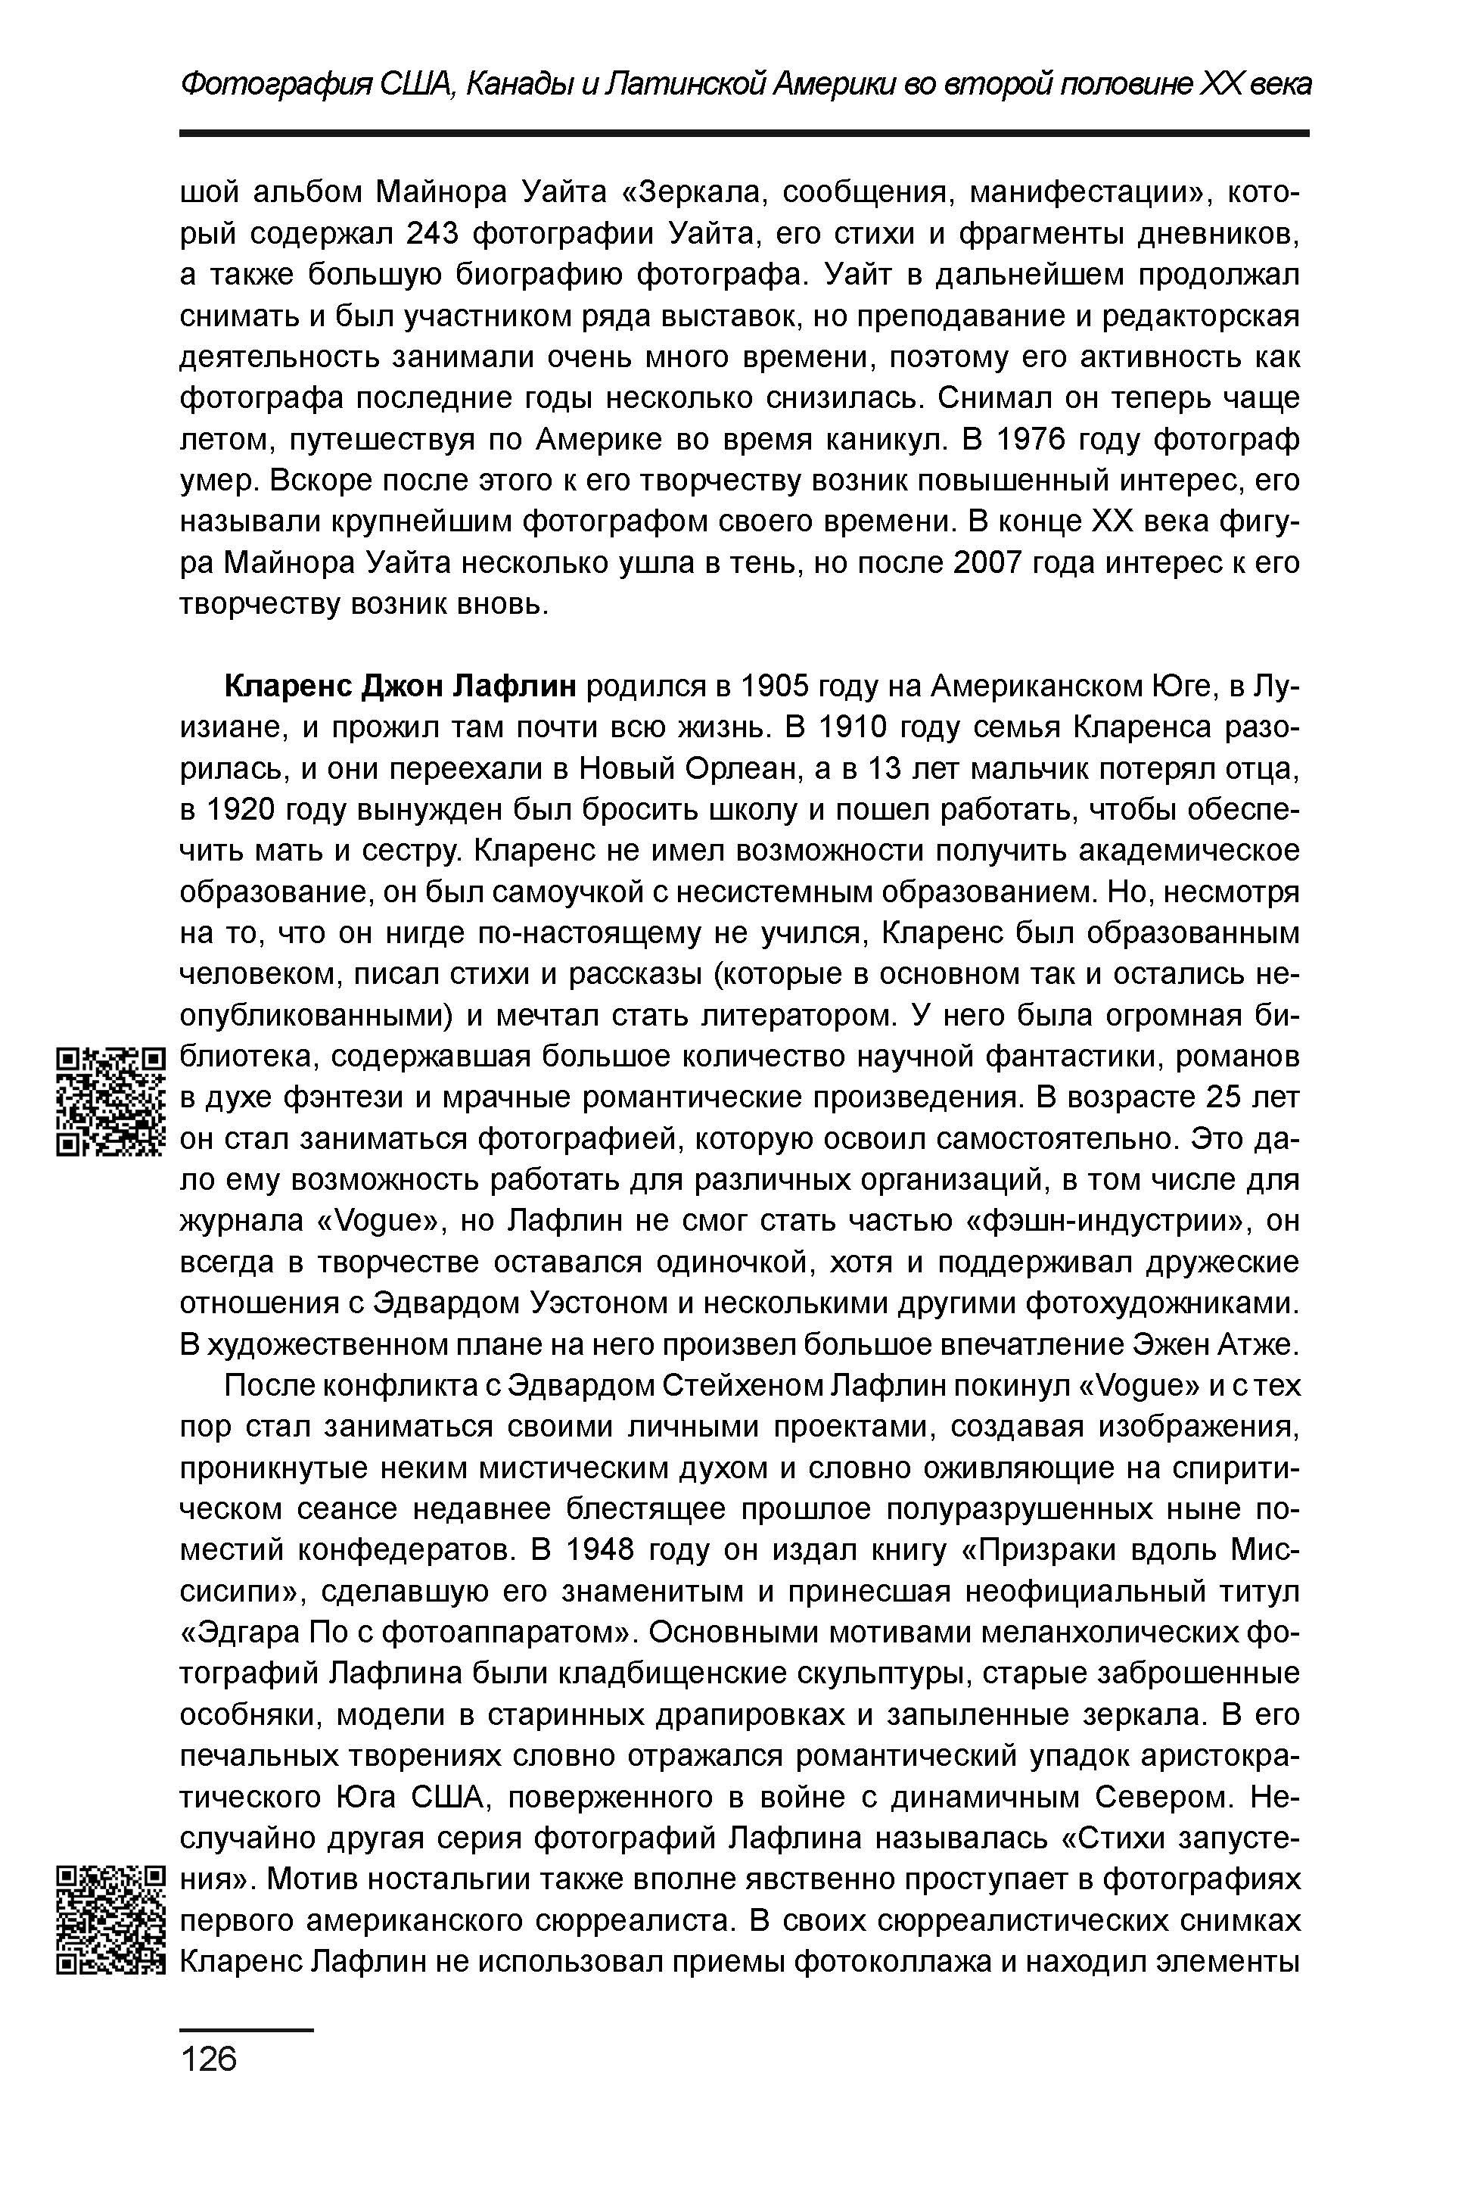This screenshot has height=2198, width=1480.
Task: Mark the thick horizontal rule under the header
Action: pos(744,134)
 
